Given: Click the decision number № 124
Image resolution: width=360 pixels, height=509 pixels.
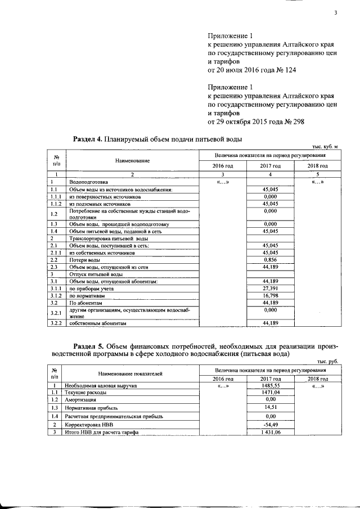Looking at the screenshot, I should point(285,70).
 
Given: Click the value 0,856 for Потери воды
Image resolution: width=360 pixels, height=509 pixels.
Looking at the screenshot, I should point(271,260).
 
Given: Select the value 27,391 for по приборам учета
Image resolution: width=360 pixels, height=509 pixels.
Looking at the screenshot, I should point(271,288).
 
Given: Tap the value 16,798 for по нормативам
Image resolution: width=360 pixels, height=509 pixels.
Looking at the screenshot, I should point(271,295).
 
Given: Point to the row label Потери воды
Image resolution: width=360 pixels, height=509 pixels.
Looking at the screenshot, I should point(85,260).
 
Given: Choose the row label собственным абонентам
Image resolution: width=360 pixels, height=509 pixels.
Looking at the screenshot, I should point(98,324).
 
